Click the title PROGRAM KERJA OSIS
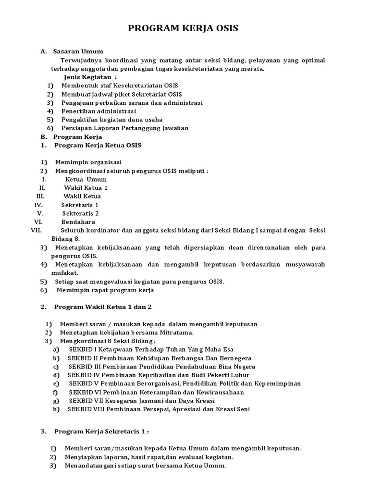tap(183, 29)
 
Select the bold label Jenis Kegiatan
tap(90, 77)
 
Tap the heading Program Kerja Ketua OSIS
tap(98, 145)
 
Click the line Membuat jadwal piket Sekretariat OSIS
tap(121, 94)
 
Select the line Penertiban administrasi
tap(98, 111)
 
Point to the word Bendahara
tap(78, 222)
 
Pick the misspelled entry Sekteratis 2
tap(80, 213)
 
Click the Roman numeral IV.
tap(39, 205)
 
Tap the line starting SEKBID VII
tap(142, 401)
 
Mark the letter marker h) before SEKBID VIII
tap(57, 409)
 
